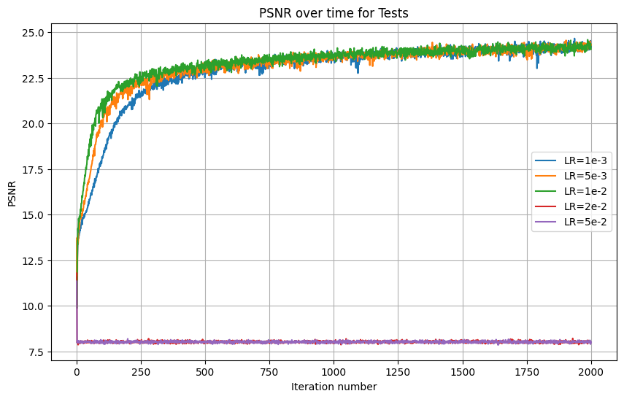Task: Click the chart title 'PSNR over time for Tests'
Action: point(334,12)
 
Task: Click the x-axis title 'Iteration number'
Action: point(334,387)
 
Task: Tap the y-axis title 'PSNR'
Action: point(12,193)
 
